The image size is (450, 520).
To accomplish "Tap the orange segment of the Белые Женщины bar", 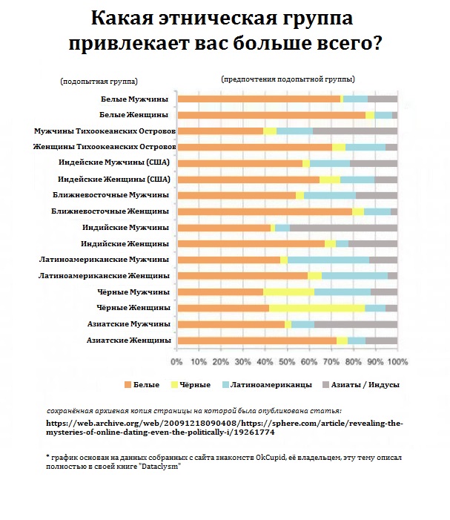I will pos(271,115).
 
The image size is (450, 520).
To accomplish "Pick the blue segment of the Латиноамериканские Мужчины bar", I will pos(328,260).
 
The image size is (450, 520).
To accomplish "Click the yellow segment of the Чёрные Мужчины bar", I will pos(288,292).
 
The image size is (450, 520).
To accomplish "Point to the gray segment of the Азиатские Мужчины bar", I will pos(356,324).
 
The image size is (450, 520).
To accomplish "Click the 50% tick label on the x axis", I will pos(287,362).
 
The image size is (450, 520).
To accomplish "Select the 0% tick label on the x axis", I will pos(177,362).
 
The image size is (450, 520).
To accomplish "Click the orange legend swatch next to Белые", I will pos(128,385).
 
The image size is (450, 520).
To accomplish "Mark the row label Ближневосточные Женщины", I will pos(121,211).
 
